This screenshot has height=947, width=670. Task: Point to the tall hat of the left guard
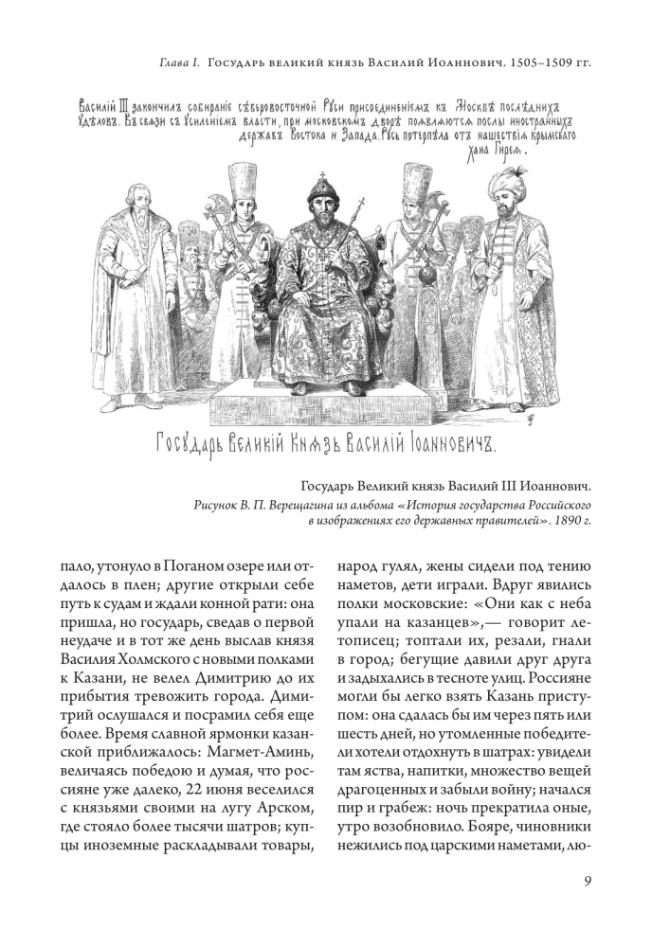pos(234,184)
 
